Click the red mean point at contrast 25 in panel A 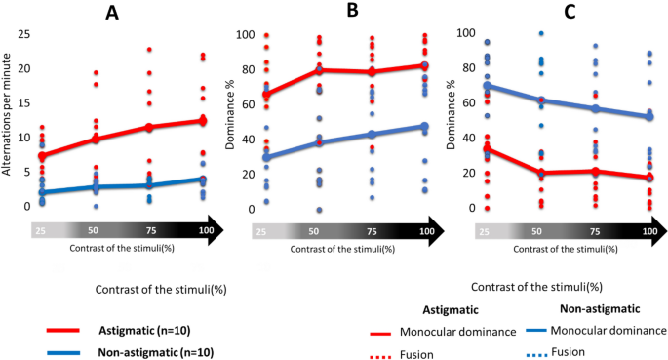click(41, 155)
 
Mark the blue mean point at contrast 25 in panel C click(487, 86)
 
